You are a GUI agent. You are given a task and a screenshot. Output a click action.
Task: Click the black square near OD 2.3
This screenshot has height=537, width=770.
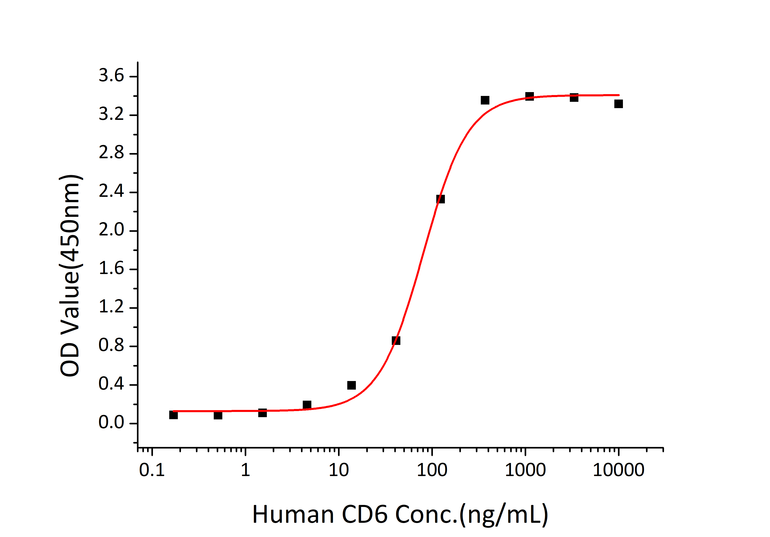pos(441,199)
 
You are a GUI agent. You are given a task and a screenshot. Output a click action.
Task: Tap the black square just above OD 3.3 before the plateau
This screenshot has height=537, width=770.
pos(485,100)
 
